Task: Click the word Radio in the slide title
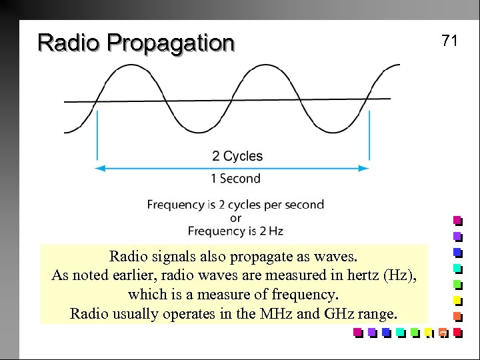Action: tap(69, 43)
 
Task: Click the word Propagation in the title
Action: tap(170, 44)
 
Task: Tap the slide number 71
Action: tap(449, 41)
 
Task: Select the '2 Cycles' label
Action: tap(237, 156)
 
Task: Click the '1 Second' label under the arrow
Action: tap(235, 179)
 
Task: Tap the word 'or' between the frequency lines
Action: tap(235, 218)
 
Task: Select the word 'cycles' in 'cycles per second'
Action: tap(245, 205)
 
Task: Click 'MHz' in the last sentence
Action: tap(274, 314)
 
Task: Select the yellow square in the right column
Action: tap(457, 300)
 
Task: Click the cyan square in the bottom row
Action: tap(400, 332)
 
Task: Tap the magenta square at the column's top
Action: tap(457, 220)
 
